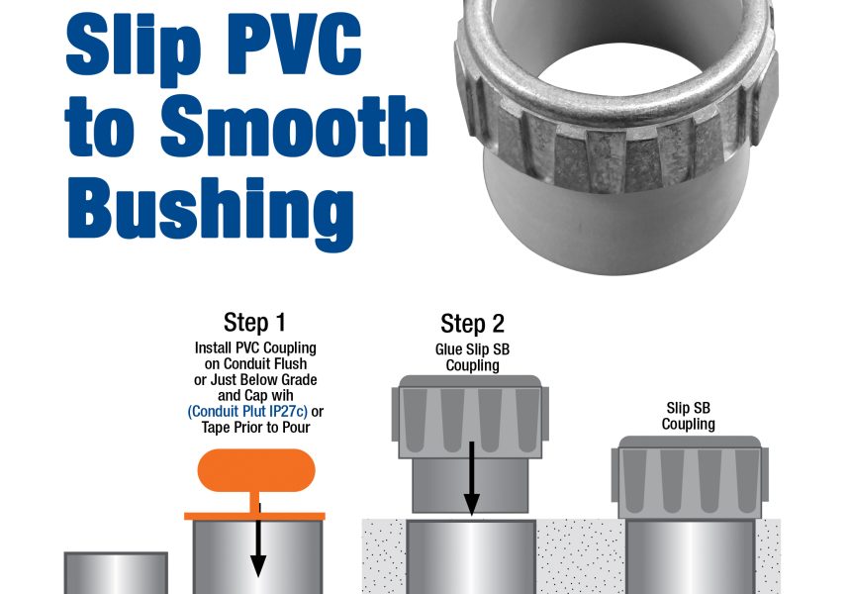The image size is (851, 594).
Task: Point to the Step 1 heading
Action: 256,323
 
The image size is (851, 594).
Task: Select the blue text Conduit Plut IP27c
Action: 247,412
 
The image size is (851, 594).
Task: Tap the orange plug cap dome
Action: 255,470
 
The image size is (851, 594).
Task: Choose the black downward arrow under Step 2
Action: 472,480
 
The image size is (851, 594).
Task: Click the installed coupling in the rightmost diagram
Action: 689,475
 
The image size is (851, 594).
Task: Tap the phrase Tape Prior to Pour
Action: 255,427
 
